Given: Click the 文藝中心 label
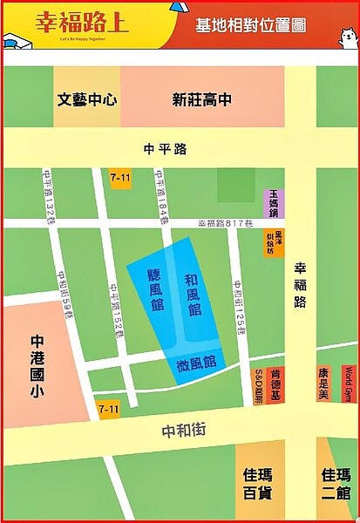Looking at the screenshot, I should (86, 99).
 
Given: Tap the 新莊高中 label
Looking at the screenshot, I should (202, 99).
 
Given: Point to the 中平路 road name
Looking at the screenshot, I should (168, 149).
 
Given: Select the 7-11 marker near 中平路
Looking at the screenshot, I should (120, 177).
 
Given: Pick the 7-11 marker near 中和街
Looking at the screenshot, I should (108, 408).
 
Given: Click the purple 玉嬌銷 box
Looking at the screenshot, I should (273, 202).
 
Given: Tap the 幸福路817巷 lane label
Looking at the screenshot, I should (224, 223).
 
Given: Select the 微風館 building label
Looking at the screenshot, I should (196, 362).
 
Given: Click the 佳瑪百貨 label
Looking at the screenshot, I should (259, 483).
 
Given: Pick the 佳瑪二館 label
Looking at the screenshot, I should (336, 483).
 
